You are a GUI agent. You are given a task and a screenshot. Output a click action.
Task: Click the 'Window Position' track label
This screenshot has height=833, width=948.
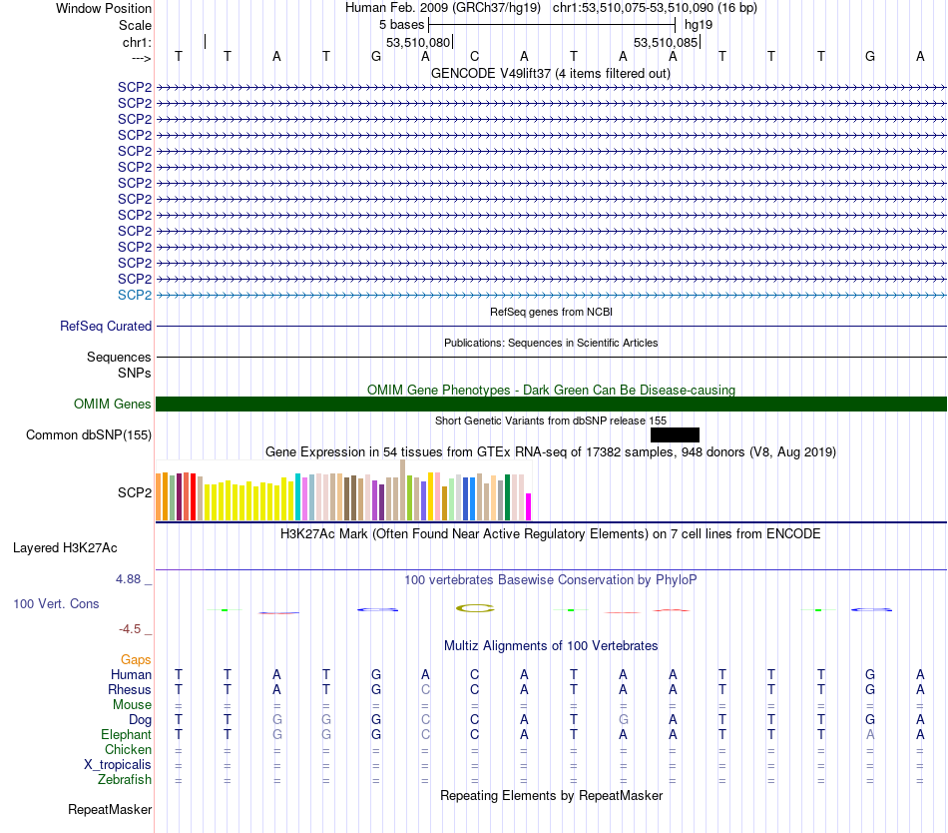click(x=104, y=8)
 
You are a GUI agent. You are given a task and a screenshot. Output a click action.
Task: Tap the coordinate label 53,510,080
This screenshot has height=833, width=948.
click(x=418, y=42)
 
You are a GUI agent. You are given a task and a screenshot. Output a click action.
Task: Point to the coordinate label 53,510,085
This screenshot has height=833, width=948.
click(x=666, y=42)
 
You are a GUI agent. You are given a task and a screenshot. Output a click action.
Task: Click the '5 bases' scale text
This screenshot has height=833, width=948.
click(x=401, y=24)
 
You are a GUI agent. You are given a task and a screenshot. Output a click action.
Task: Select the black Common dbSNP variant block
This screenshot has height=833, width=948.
click(x=675, y=434)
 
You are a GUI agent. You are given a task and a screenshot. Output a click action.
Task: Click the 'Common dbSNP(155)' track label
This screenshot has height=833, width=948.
click(x=89, y=434)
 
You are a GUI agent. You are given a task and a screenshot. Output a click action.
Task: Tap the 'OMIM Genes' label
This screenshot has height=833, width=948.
click(x=113, y=404)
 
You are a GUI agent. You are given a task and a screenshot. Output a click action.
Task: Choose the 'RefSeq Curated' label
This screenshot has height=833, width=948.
click(x=106, y=326)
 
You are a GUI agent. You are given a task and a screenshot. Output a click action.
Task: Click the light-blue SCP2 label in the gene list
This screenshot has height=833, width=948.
click(x=135, y=295)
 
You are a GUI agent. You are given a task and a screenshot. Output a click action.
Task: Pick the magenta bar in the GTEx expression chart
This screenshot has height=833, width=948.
click(x=529, y=506)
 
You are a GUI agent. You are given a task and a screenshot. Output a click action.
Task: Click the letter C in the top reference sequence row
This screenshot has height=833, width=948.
click(x=475, y=56)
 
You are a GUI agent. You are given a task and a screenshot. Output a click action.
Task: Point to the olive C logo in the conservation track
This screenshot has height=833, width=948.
click(x=475, y=607)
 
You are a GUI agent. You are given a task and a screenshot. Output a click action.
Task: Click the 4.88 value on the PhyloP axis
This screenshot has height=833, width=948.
click(x=134, y=578)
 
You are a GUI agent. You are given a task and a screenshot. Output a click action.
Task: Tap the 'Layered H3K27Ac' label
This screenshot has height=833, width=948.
click(x=65, y=547)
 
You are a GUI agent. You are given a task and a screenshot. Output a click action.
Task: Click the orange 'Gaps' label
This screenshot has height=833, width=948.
click(x=136, y=659)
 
